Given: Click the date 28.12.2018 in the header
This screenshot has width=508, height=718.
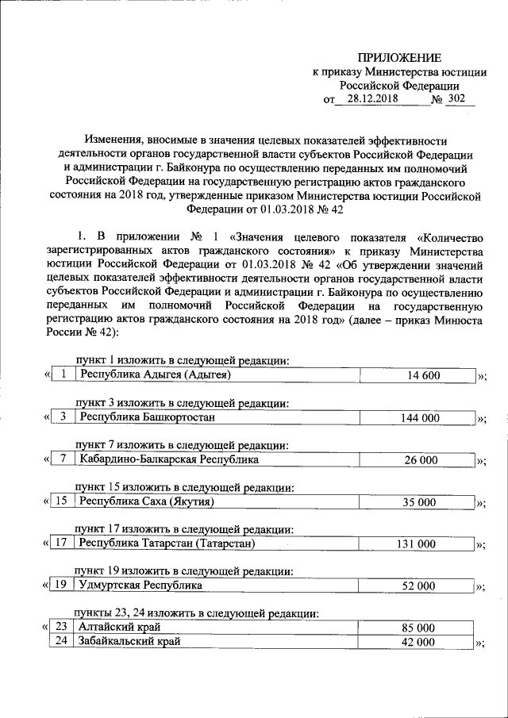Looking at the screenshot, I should tap(370, 100).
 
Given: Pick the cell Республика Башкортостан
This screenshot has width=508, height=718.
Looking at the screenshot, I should tap(147, 417).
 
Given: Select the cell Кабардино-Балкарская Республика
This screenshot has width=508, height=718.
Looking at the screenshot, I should tap(168, 459).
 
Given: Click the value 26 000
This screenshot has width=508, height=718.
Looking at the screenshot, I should tap(421, 459).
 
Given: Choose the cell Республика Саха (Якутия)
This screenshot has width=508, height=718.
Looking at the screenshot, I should tap(147, 501).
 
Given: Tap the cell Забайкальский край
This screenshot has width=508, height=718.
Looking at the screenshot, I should tap(129, 641).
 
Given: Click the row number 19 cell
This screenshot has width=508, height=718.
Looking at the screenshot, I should tap(60, 586).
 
